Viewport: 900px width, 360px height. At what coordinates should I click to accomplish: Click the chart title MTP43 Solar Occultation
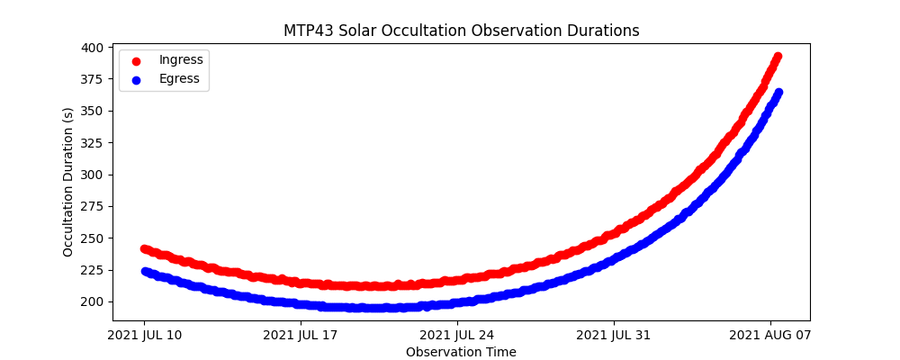pos(461,31)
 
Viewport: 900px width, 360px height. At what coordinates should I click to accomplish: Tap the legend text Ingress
pos(181,59)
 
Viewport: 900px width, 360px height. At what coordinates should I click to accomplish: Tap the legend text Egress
pos(180,78)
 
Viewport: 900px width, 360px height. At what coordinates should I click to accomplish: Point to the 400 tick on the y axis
pos(94,48)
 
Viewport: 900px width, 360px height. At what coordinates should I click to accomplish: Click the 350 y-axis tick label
pos(94,111)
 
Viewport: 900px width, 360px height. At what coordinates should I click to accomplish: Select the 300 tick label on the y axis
pos(94,175)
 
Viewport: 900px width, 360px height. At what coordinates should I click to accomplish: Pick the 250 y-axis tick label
pos(94,238)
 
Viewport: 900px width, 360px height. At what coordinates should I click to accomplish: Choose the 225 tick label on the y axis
pos(94,270)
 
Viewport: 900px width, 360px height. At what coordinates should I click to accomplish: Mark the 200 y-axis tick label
pos(94,301)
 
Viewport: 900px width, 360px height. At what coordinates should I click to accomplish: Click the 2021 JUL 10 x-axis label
pos(144,336)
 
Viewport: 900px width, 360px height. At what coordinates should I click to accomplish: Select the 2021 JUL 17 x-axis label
pos(301,336)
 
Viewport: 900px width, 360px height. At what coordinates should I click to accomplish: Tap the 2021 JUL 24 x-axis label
pos(457,336)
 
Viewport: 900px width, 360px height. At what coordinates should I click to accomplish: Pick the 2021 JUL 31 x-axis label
pos(614,336)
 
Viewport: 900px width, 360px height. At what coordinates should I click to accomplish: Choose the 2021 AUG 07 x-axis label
pos(770,336)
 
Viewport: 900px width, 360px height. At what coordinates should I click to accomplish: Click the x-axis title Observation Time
pos(461,352)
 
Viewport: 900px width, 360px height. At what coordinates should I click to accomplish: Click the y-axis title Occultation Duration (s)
pos(68,182)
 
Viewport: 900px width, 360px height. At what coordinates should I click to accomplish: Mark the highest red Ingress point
pos(778,57)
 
